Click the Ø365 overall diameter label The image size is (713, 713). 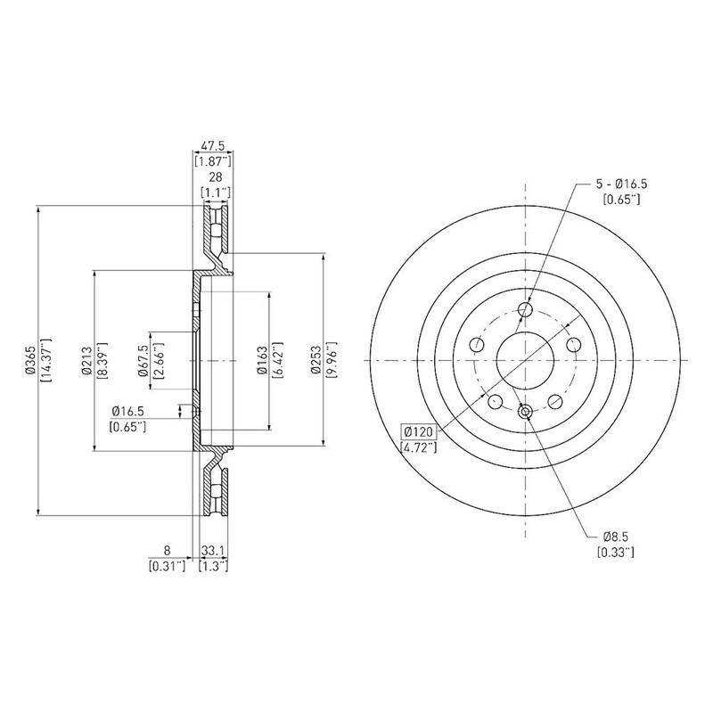(x=30, y=360)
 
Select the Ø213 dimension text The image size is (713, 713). (x=86, y=361)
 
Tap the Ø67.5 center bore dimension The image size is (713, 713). (x=143, y=361)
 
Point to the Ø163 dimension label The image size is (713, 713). (x=261, y=360)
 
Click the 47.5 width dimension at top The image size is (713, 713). (x=213, y=146)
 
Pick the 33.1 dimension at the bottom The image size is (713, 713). (x=213, y=551)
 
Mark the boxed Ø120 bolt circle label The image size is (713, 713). (x=418, y=431)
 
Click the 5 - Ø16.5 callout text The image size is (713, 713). (x=621, y=184)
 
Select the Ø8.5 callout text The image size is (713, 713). (x=616, y=537)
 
